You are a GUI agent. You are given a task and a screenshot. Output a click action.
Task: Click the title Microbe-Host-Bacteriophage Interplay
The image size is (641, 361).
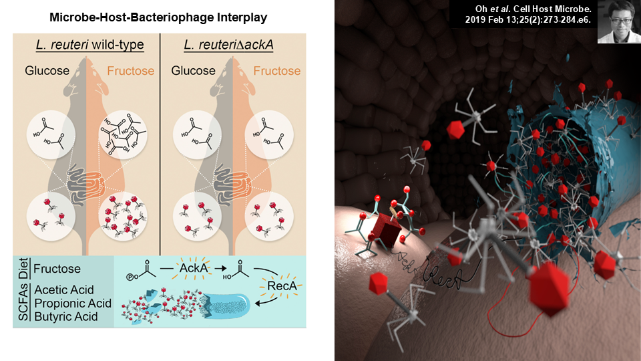tap(158, 17)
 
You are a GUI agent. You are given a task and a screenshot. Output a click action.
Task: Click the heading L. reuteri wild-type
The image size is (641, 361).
tap(90, 45)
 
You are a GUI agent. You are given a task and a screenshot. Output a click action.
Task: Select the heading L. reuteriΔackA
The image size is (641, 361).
tap(228, 45)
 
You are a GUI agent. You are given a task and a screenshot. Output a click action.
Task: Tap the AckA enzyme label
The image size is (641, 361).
tap(194, 268)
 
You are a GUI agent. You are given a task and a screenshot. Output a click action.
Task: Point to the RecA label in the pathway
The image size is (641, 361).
tap(281, 285)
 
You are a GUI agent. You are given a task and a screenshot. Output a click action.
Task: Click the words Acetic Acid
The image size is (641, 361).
tap(64, 289)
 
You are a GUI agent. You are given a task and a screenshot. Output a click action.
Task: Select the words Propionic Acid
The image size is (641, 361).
tap(73, 304)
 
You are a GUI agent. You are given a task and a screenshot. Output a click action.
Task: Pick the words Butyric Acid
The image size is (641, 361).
tap(66, 316)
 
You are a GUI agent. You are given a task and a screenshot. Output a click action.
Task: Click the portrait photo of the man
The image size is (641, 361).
tap(619, 21)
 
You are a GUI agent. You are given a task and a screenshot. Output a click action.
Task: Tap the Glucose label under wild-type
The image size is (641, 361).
tap(47, 71)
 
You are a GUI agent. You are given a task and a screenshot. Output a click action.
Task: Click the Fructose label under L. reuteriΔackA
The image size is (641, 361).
tap(276, 71)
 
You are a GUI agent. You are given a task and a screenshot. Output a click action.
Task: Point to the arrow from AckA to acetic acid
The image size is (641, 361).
tap(221, 269)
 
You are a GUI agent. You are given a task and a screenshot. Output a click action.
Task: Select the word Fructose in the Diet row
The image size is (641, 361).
tap(57, 269)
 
